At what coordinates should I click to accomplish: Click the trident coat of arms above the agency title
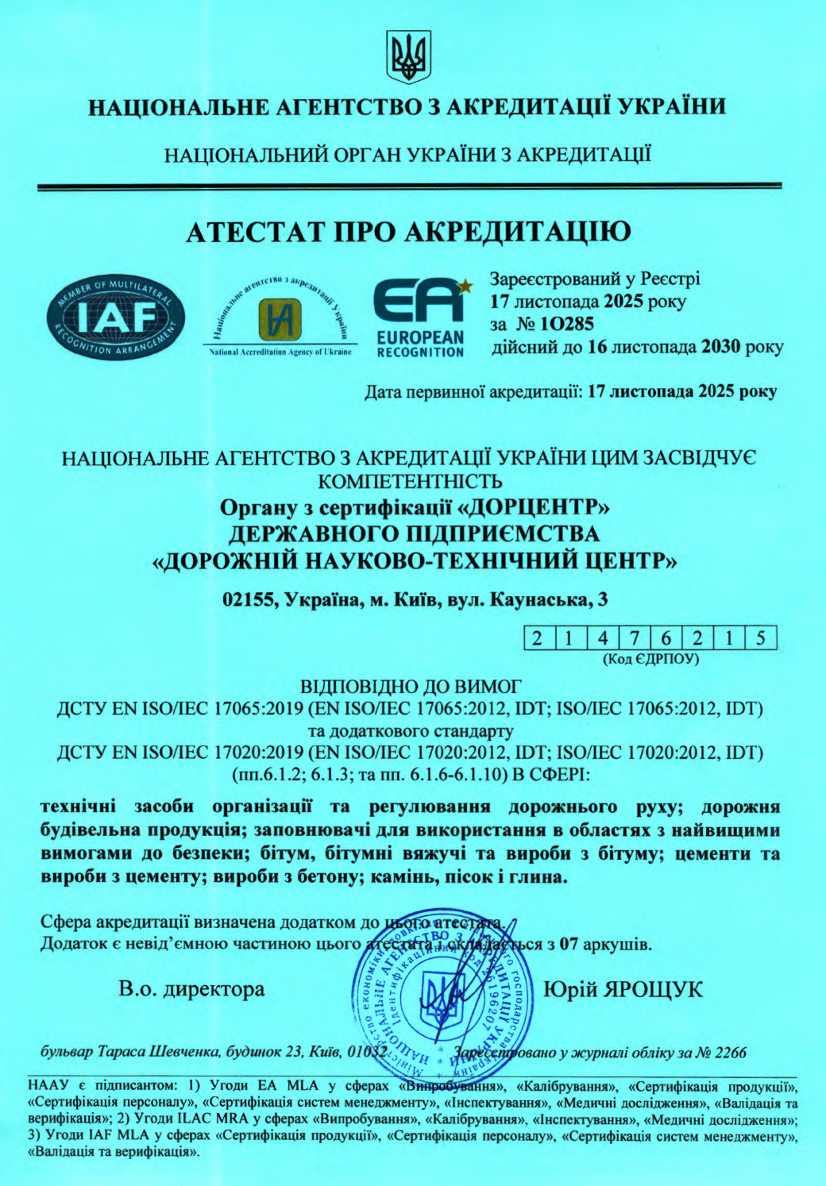tap(409, 56)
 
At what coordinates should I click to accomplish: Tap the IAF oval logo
tap(116, 319)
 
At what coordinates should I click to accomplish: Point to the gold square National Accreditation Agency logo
tap(280, 319)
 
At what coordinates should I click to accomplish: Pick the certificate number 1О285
tap(565, 324)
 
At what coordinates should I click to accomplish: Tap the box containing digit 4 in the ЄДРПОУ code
tap(603, 638)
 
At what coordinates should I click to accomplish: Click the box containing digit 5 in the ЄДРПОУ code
tap(760, 638)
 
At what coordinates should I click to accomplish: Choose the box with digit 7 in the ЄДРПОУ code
tap(635, 638)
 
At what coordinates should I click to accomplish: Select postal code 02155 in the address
tap(248, 600)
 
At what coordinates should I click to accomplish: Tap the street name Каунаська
tap(541, 600)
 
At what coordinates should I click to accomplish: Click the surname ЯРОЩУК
tap(654, 990)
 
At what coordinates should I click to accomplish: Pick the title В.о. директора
tap(191, 990)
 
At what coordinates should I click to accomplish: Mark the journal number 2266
tap(730, 1053)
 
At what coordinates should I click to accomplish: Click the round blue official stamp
tap(434, 995)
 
